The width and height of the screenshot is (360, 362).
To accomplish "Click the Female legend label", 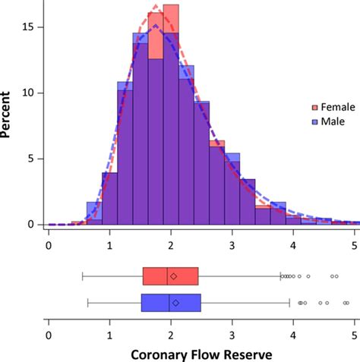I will (330, 107).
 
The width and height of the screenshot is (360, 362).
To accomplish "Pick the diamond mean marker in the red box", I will (174, 276).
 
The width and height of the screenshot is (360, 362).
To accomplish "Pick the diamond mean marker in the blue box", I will (175, 303).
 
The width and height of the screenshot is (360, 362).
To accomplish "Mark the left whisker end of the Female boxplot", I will (82, 276).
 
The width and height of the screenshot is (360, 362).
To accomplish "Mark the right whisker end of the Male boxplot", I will (289, 303).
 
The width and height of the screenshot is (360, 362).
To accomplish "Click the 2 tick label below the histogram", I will (171, 244).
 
